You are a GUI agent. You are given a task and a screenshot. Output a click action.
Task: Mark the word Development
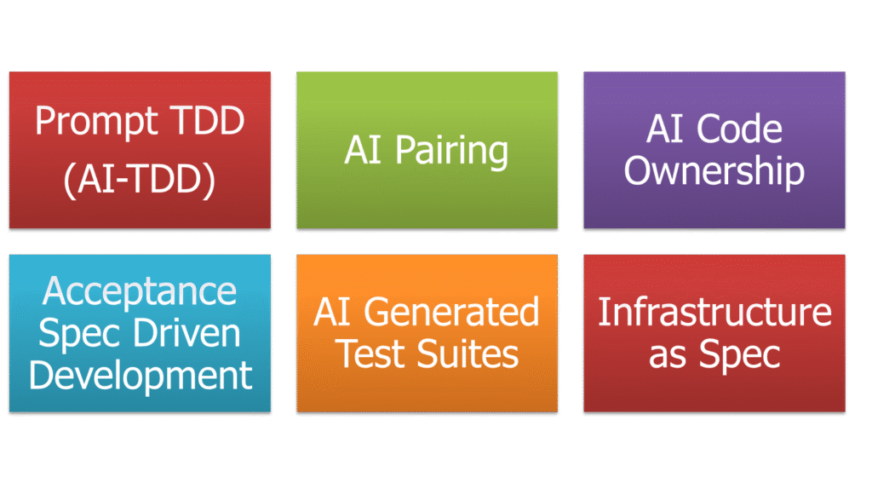point(141,375)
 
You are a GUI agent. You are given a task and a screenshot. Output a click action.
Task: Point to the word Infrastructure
point(714,313)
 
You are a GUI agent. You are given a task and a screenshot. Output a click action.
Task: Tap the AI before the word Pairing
point(363,152)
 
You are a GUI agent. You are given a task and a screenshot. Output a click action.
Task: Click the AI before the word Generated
point(333,313)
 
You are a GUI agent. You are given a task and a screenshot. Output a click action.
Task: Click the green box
point(427,204)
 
